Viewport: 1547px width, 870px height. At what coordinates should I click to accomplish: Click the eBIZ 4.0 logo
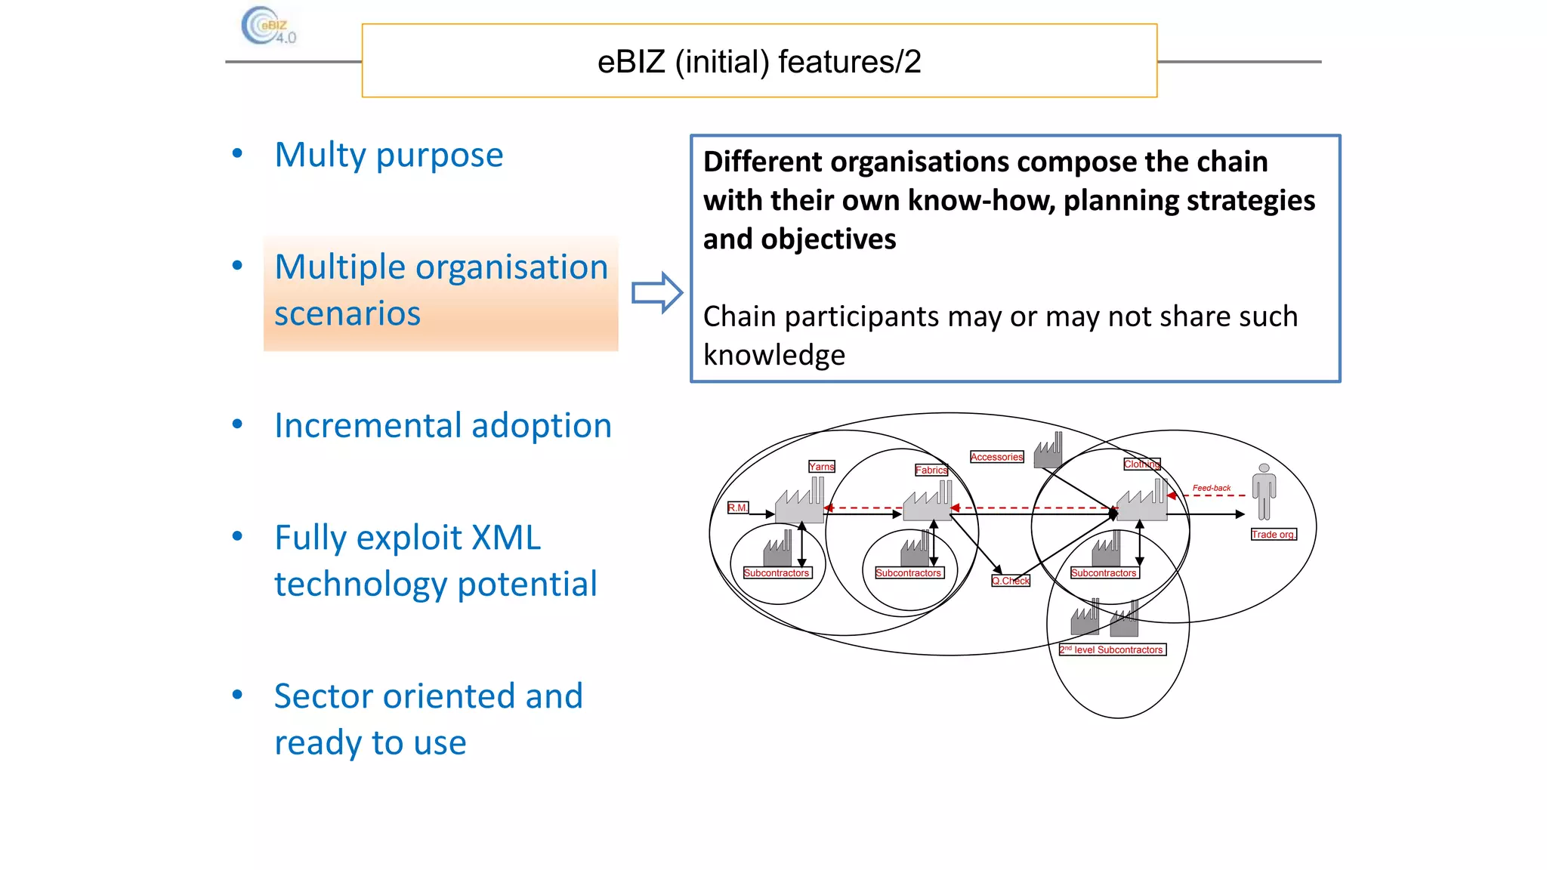pyautogui.click(x=268, y=26)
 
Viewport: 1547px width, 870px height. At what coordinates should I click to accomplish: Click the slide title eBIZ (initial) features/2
pyautogui.click(x=758, y=61)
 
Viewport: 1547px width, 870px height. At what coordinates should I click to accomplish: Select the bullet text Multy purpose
pyautogui.click(x=388, y=155)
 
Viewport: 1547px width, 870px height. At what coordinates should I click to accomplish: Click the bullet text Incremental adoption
pyautogui.click(x=443, y=425)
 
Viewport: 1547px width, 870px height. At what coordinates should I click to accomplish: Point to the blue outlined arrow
pyautogui.click(x=656, y=292)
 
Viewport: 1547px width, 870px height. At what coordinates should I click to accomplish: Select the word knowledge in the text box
pyautogui.click(x=773, y=355)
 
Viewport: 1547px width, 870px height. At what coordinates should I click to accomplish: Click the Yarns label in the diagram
pyautogui.click(x=821, y=467)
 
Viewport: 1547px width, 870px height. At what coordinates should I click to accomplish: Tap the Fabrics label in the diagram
pyautogui.click(x=931, y=470)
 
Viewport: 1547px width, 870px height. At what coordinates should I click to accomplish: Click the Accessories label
pyautogui.click(x=996, y=457)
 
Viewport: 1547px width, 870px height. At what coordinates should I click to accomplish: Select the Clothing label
pyautogui.click(x=1141, y=464)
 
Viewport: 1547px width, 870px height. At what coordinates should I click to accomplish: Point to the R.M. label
pyautogui.click(x=737, y=507)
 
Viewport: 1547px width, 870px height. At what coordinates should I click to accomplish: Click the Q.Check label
pyautogui.click(x=1011, y=581)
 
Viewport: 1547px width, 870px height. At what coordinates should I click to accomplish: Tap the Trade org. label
pyautogui.click(x=1273, y=535)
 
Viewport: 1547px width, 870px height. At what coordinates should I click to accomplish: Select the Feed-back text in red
pyautogui.click(x=1211, y=488)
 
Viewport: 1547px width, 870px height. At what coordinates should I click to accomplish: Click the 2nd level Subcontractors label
pyautogui.click(x=1112, y=649)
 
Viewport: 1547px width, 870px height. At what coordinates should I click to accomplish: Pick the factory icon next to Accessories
pyautogui.click(x=1048, y=451)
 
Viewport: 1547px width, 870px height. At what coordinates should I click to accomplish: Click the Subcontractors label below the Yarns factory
pyautogui.click(x=777, y=573)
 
